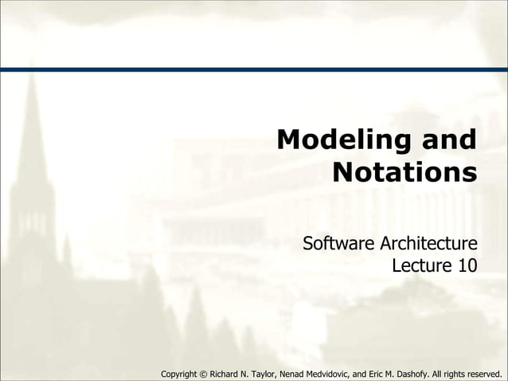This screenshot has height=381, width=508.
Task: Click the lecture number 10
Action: [467, 265]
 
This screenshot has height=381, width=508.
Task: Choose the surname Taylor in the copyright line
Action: [272, 373]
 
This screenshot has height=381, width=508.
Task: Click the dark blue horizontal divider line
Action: [254, 69]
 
